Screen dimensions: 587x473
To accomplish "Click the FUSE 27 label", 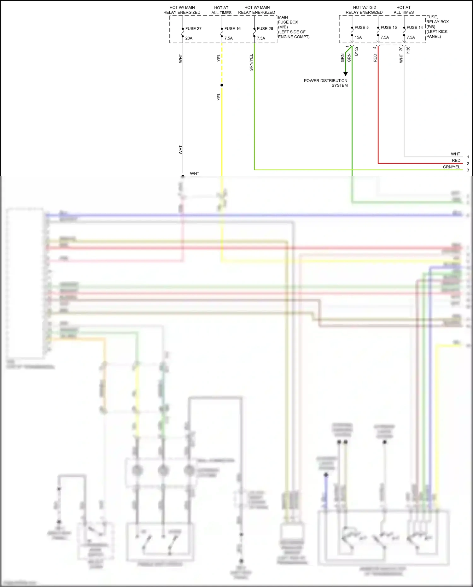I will click(x=193, y=29).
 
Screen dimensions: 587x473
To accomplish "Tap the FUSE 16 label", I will click(x=232, y=29).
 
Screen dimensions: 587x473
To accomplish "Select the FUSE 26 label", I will click(x=265, y=29).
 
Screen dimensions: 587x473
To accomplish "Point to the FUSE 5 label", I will click(x=361, y=28).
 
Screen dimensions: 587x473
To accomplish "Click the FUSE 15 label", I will click(x=388, y=28).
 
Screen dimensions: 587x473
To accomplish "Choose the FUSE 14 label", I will click(x=415, y=28).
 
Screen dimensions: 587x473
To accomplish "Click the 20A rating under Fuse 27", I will click(x=189, y=38).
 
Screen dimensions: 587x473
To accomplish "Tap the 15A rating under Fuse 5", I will click(x=358, y=38).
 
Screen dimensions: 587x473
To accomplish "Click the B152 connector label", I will click(x=356, y=51).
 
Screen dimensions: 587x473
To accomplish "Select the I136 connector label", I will click(x=408, y=50).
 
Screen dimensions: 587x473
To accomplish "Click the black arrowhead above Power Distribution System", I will click(x=346, y=74).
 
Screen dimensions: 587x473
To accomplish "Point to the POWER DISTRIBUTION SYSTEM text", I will click(x=326, y=83).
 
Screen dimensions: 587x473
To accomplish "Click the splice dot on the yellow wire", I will click(x=222, y=85).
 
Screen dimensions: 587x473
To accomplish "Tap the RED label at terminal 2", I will click(x=456, y=161).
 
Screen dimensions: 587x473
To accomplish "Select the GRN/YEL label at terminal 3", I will click(x=451, y=167).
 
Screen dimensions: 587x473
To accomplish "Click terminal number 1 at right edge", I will click(x=468, y=157).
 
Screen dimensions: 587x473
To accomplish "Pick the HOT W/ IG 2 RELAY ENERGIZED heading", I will click(x=364, y=10).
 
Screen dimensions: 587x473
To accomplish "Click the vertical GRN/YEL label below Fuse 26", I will click(x=251, y=63).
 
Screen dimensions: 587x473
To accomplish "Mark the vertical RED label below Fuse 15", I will click(x=375, y=58).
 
